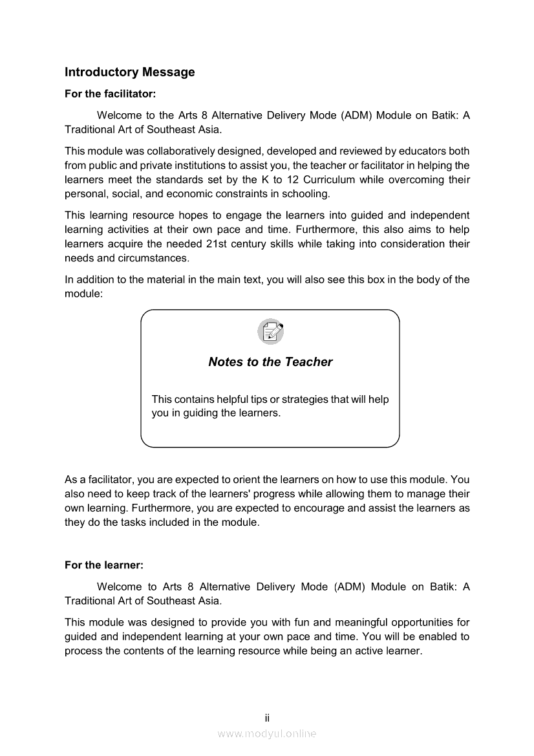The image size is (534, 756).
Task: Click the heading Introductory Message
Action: [129, 72]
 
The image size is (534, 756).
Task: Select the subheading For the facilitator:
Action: [111, 94]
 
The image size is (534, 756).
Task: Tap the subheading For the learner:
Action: [104, 565]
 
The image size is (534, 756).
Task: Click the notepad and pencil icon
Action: [270, 332]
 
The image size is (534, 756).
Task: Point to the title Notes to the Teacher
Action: [270, 362]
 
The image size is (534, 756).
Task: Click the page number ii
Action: [266, 718]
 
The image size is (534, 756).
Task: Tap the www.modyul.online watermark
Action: [267, 733]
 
